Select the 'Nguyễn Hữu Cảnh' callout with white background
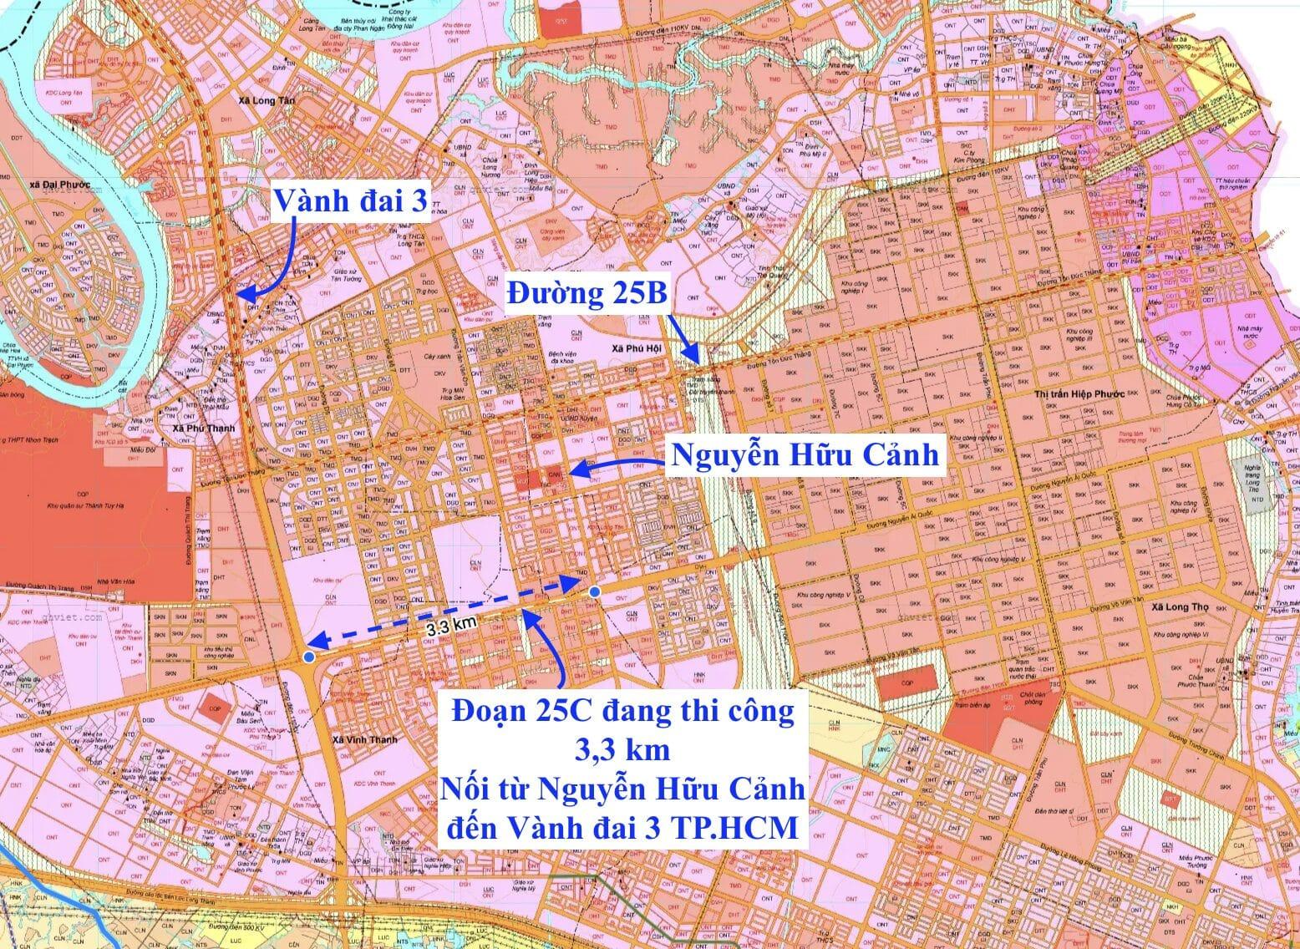(x=805, y=455)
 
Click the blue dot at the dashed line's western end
(x=309, y=658)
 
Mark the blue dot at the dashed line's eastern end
(x=594, y=591)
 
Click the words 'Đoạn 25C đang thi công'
(x=622, y=714)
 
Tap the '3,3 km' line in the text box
(x=622, y=751)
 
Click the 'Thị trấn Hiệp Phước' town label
(x=1079, y=393)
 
